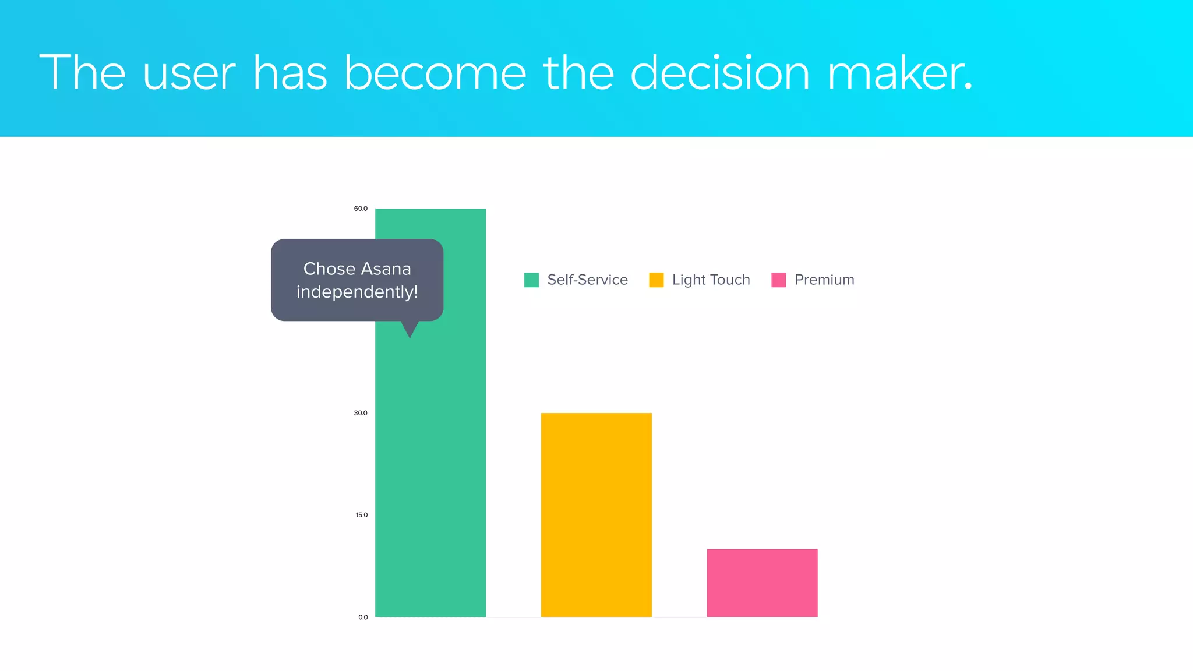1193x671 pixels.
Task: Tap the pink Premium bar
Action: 762,582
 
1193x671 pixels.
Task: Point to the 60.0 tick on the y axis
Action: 361,209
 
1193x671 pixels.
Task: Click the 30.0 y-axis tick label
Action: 361,413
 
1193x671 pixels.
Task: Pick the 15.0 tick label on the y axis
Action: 362,515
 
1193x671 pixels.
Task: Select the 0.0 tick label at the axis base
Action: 363,617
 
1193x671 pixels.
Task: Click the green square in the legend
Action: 531,280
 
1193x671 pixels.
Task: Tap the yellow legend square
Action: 656,280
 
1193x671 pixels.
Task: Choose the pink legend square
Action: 778,280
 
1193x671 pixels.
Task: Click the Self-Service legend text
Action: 587,280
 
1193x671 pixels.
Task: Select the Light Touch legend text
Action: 711,280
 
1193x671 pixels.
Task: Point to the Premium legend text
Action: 824,280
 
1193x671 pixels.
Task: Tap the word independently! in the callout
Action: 357,292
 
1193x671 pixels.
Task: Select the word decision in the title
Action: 720,73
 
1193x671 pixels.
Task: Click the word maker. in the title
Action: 900,73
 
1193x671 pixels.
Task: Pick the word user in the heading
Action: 189,75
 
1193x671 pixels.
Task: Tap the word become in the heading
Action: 435,73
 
